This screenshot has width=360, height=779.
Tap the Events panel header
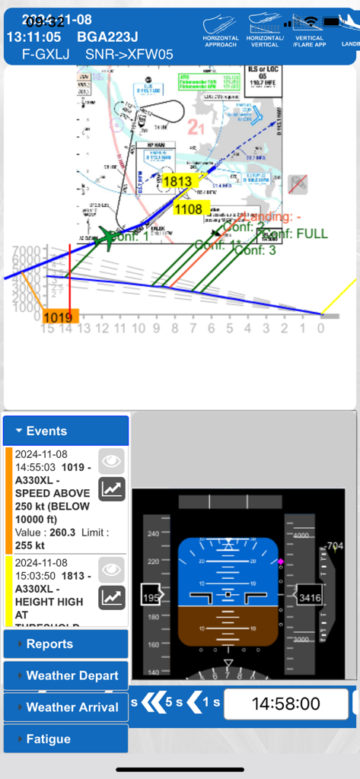65,431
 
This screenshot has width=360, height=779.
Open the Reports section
65,644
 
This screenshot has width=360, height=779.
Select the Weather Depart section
65,676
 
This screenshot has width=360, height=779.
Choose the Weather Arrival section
65,707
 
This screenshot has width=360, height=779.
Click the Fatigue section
65,739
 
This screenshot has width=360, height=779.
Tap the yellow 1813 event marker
177,181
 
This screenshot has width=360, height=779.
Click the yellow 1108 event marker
188,208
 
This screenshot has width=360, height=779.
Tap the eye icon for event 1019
112,461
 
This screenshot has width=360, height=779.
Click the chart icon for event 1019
112,489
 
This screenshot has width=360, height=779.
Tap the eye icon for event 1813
112,569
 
